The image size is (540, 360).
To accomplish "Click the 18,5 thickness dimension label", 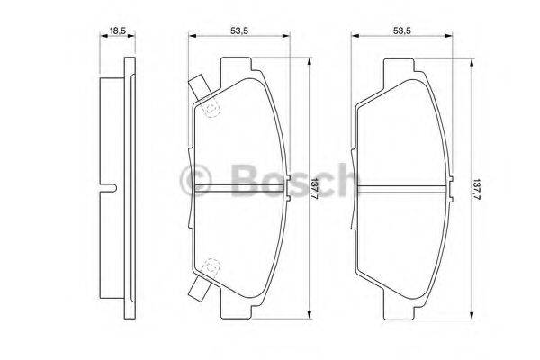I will [116, 31].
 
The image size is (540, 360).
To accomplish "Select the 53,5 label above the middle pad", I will [238, 31].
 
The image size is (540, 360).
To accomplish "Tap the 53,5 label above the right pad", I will [402, 31].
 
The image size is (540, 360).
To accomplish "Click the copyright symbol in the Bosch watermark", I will [197, 180].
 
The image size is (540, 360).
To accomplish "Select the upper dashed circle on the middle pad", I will [212, 110].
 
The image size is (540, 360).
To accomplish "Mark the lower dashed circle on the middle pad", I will [212, 266].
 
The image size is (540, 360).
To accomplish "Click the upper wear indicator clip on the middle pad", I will [199, 88].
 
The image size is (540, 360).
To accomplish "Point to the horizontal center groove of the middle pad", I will [238, 188].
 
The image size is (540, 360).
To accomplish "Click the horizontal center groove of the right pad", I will [402, 188].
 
